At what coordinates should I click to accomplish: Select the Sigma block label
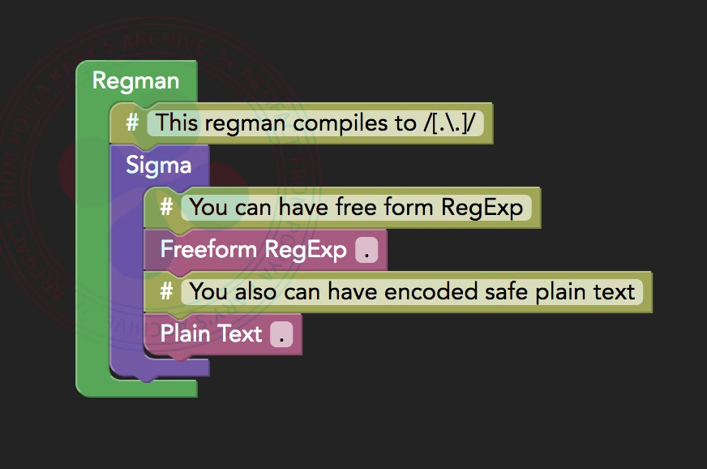pyautogui.click(x=159, y=166)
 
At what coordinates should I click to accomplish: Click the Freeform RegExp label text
pyautogui.click(x=254, y=249)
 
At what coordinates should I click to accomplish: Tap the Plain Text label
pyautogui.click(x=212, y=333)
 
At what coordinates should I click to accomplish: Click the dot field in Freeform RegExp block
pyautogui.click(x=366, y=250)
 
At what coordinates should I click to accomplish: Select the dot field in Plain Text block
pyautogui.click(x=281, y=334)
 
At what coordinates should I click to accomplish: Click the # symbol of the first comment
pyautogui.click(x=132, y=123)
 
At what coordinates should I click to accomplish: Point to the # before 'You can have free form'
pyautogui.click(x=166, y=207)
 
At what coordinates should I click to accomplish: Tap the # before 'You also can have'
pyautogui.click(x=166, y=291)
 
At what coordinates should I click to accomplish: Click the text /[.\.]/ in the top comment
pyautogui.click(x=448, y=123)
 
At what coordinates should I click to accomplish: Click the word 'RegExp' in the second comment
pyautogui.click(x=482, y=207)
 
